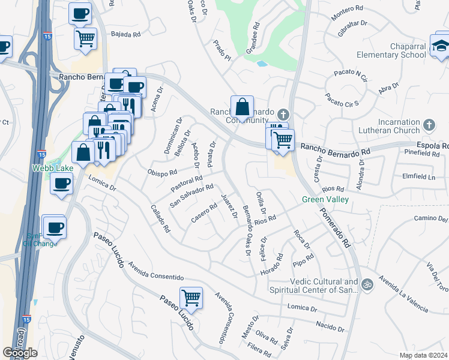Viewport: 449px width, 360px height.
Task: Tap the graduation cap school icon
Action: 440,46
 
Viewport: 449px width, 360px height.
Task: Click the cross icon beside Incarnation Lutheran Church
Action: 428,125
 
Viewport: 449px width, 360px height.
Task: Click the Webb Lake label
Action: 52,169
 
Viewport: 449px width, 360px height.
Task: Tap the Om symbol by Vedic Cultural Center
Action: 367,283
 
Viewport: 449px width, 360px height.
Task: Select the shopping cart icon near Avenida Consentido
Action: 191,296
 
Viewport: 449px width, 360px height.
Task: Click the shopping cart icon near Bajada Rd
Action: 85,38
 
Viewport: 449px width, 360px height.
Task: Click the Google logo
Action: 20,353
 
